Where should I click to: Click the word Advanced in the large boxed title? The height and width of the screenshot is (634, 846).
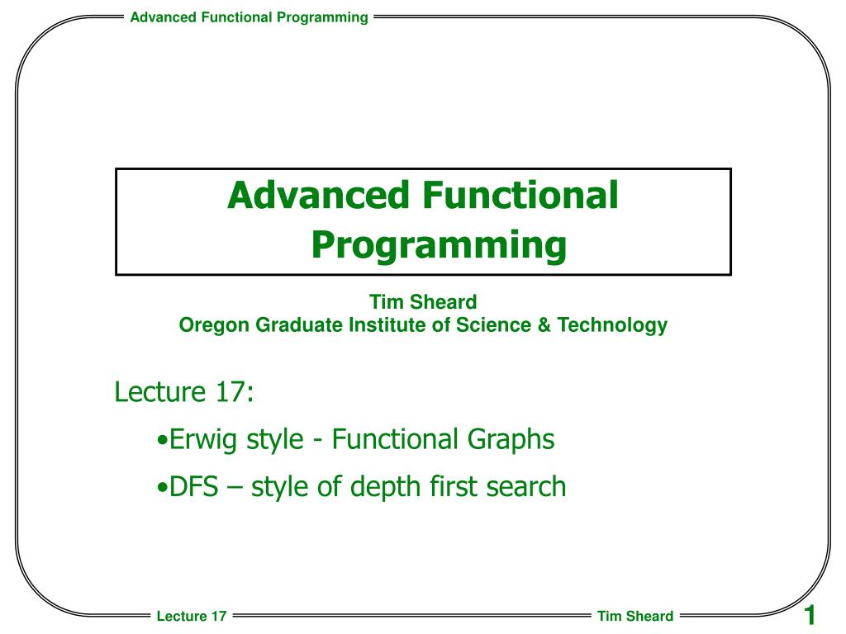click(318, 195)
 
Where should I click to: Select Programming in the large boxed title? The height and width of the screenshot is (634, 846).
click(439, 246)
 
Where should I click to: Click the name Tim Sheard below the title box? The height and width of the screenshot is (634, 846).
click(423, 302)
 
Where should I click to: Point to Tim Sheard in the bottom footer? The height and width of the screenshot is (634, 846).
click(635, 616)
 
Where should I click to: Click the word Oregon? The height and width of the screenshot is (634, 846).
click(214, 325)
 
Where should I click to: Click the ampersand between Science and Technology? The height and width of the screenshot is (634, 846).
click(544, 324)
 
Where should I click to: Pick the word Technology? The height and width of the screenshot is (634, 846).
click(612, 325)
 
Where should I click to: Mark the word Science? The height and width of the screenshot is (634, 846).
click(494, 324)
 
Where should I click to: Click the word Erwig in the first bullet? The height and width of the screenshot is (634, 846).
click(203, 440)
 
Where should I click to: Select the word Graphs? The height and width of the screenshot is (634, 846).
click(511, 440)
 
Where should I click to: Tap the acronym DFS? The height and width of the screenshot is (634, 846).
click(193, 486)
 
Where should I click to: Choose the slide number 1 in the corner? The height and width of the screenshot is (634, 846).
click(810, 615)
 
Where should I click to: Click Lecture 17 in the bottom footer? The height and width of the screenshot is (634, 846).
click(192, 616)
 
